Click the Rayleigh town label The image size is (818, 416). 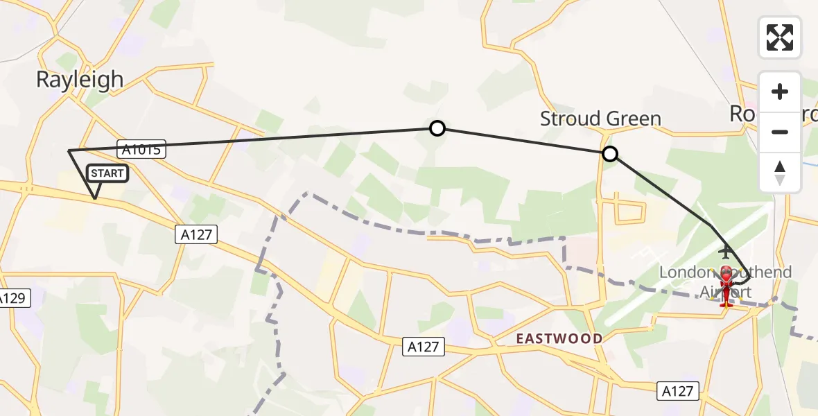pyautogui.click(x=80, y=80)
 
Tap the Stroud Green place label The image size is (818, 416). pyautogui.click(x=600, y=119)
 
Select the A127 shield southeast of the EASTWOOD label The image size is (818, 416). pyautogui.click(x=677, y=391)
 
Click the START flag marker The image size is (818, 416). pyautogui.click(x=107, y=173)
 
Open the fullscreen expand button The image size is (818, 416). pyautogui.click(x=780, y=37)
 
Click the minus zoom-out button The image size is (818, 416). pyautogui.click(x=780, y=132)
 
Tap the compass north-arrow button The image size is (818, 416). pyautogui.click(x=780, y=172)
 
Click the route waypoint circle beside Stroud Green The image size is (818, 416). pyautogui.click(x=610, y=154)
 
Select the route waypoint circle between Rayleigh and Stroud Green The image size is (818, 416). pyautogui.click(x=437, y=128)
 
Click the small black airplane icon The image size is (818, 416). pyautogui.click(x=726, y=250)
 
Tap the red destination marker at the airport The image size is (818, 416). pyautogui.click(x=726, y=284)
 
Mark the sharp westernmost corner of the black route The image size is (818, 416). pyautogui.click(x=68, y=150)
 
